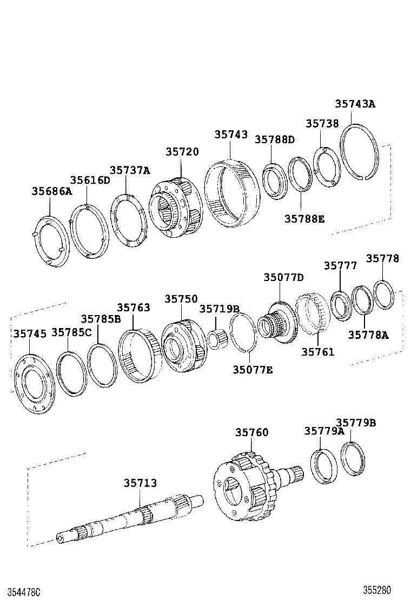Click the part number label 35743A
pos(354,104)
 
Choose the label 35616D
pos(90,180)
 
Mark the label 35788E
pos(304,218)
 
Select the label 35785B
pos(101,319)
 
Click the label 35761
pos(317,352)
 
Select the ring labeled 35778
pos(385,295)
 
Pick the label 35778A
pos(368,335)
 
